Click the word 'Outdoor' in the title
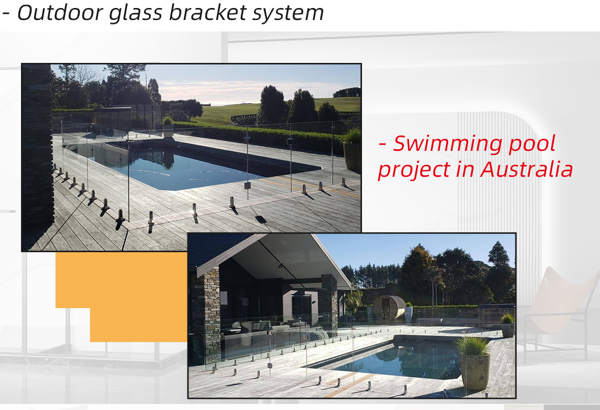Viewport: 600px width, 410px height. (x=60, y=12)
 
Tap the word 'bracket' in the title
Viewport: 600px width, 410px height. (x=207, y=12)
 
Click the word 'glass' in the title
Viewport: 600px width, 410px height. (x=136, y=14)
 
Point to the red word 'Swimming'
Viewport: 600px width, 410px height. (x=447, y=144)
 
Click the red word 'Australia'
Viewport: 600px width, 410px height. (x=526, y=169)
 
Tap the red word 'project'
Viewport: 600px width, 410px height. (x=414, y=170)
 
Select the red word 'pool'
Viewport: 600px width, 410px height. (x=532, y=144)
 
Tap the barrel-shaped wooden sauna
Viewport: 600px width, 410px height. (x=389, y=308)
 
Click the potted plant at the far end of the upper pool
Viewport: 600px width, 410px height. (x=167, y=127)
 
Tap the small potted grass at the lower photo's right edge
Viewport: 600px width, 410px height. (x=507, y=325)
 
